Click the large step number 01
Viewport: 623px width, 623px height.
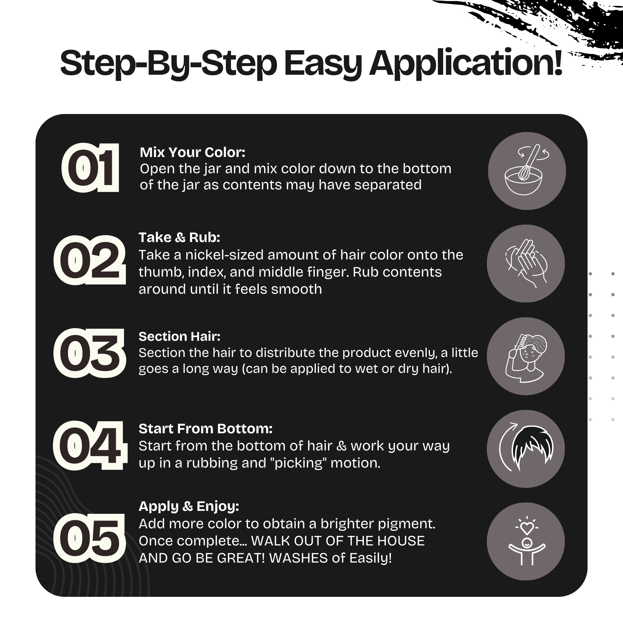pos(91,168)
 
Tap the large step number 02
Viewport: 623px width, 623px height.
pos(90,260)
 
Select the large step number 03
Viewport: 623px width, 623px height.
pos(89,353)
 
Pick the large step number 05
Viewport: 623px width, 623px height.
pos(89,538)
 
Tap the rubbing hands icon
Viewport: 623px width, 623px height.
pos(526,263)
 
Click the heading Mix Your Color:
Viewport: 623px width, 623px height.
pos(193,152)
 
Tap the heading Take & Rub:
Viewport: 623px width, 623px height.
pos(179,237)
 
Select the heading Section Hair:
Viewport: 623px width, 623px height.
pos(179,336)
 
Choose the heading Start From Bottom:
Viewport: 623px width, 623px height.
pos(205,429)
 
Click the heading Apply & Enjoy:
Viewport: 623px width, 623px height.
pos(189,506)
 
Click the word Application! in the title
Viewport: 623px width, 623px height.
pos(466,63)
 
